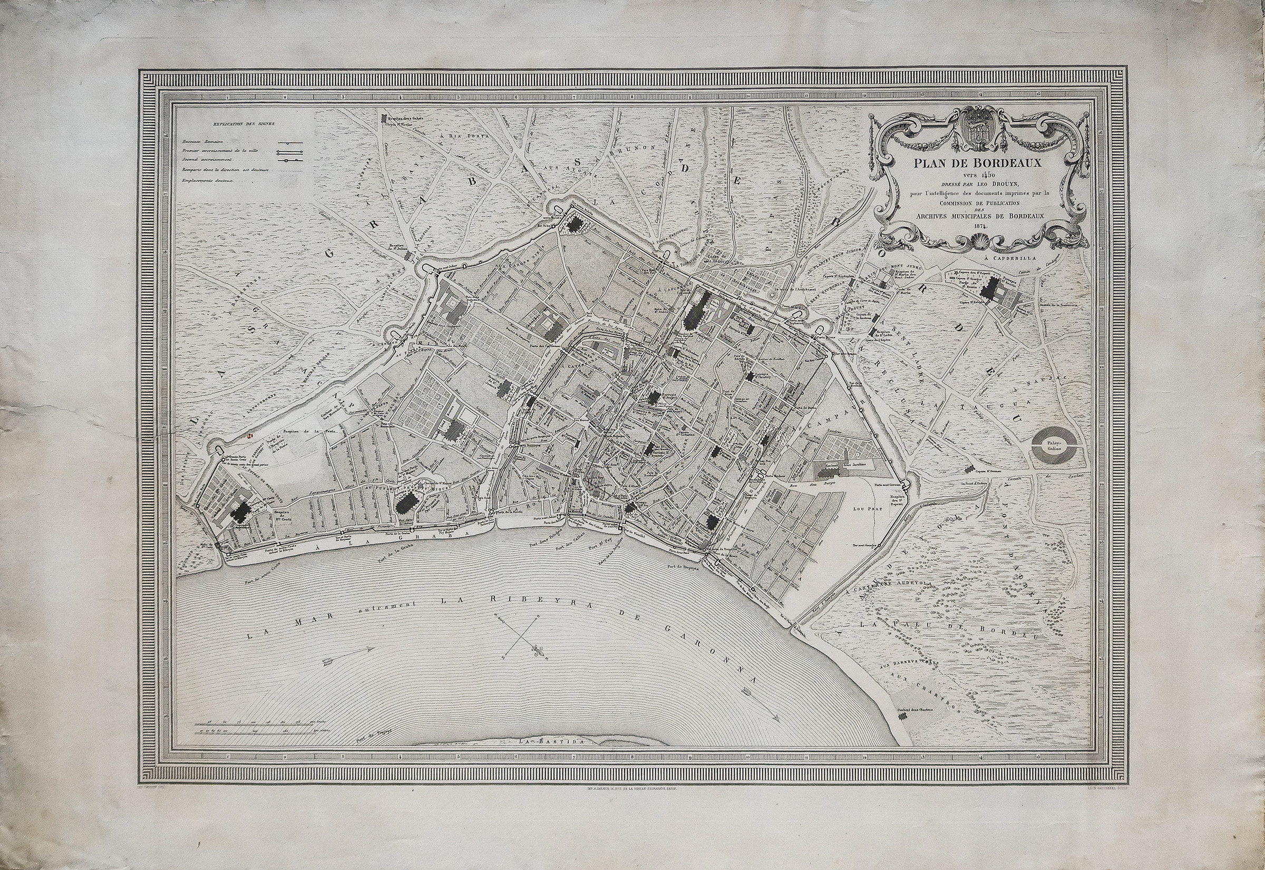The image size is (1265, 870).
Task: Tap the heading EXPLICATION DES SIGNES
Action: point(245,124)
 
